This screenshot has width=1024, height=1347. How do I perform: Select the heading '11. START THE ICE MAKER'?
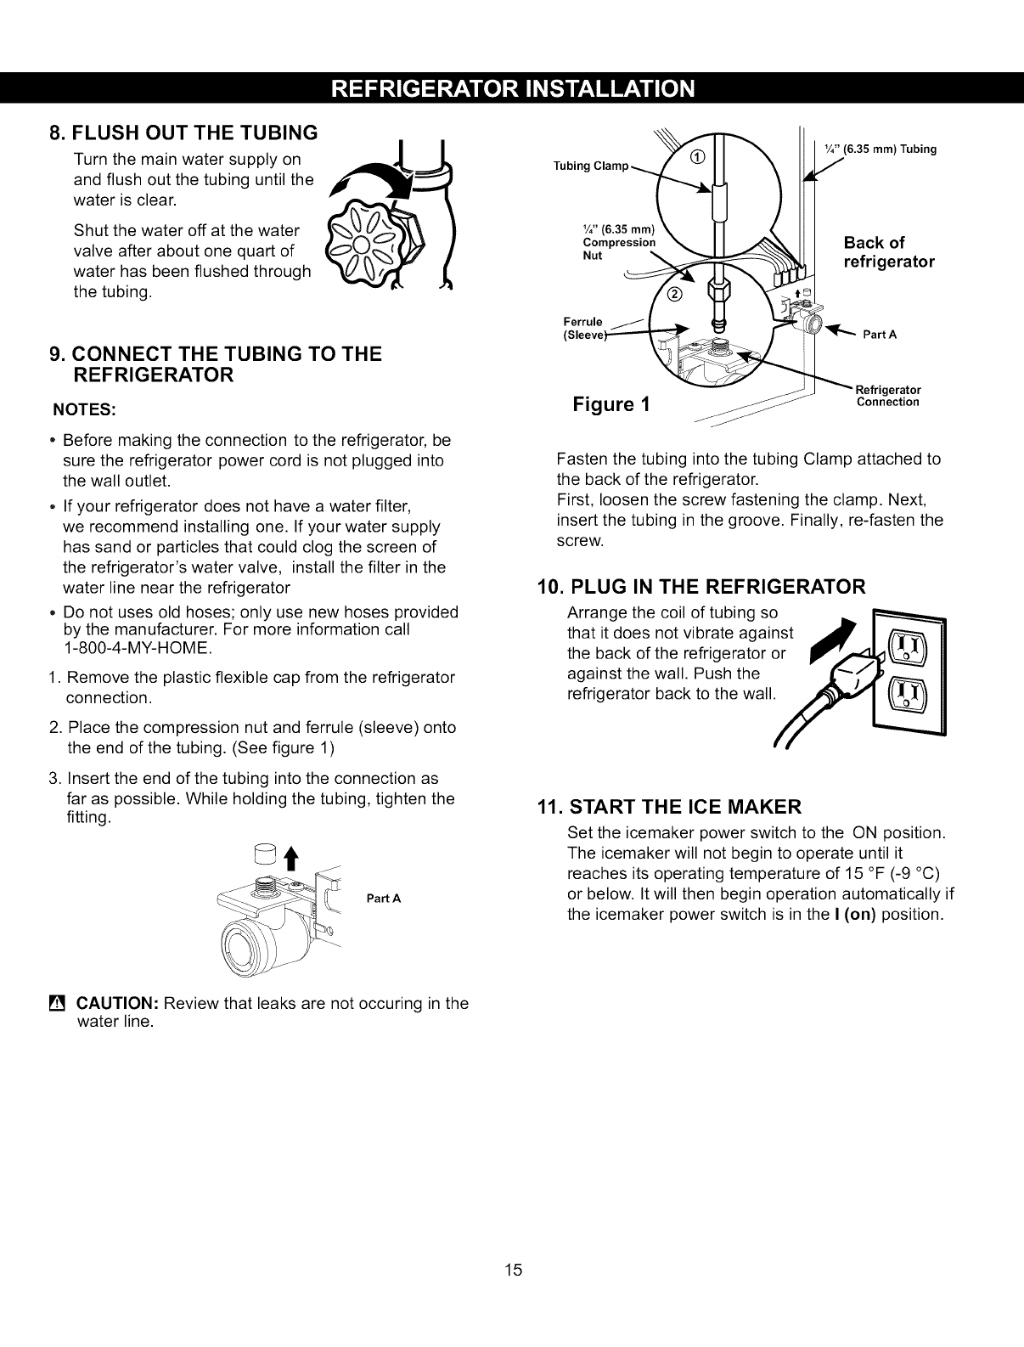[x=671, y=805]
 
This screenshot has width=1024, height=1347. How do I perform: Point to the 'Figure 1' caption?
[x=611, y=403]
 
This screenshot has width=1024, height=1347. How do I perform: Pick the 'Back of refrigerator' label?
[x=888, y=251]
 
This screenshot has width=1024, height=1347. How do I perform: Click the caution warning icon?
[x=58, y=1003]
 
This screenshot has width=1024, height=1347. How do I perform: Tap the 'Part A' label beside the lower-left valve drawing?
[x=384, y=898]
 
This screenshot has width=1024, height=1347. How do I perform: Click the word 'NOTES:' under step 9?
[x=84, y=409]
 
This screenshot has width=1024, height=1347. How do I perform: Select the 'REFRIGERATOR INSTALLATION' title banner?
[x=512, y=88]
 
